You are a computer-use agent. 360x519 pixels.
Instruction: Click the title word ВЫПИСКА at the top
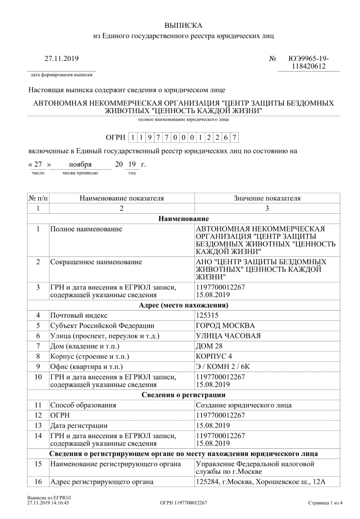point(183,26)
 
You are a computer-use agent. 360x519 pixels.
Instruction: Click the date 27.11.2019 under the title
point(61,59)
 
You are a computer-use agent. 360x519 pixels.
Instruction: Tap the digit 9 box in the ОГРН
point(149,138)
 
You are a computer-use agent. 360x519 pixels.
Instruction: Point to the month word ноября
point(80,165)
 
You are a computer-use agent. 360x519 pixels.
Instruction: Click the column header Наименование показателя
point(122,198)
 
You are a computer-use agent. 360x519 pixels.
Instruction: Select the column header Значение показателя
point(267,198)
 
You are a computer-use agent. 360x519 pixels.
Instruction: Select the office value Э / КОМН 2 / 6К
point(225,367)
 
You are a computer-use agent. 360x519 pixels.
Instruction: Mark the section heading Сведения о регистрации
point(183,395)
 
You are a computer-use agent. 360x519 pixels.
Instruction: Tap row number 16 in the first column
point(38,481)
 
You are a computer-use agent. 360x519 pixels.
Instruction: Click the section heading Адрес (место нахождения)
point(183,304)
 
